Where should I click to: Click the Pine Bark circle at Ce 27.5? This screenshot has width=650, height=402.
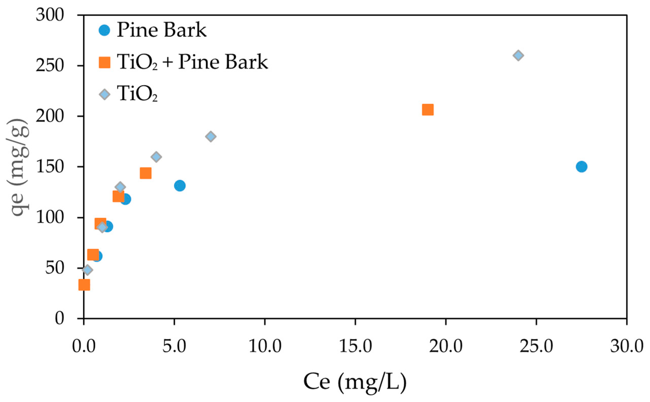point(581,167)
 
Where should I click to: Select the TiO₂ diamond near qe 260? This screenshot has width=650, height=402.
point(518,55)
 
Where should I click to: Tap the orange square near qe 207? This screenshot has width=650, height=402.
point(427,110)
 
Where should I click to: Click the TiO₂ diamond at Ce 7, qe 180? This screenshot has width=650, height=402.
point(211,136)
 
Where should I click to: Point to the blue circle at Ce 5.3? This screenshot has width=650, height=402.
point(180,185)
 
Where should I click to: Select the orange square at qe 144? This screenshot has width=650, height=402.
point(146,173)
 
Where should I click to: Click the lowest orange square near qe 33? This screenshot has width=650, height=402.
point(84,285)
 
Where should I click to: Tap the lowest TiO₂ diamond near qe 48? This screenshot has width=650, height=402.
point(87,270)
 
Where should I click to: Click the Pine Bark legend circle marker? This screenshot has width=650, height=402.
point(104,30)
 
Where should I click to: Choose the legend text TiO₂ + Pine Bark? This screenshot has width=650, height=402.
point(193,62)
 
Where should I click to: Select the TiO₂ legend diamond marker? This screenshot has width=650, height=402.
point(105,94)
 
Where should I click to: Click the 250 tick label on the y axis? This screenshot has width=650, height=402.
point(50,65)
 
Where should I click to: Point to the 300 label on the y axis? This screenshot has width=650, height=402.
point(50,15)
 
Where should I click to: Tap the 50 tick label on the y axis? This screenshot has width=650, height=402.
point(54,268)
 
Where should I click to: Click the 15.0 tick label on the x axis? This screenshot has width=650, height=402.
point(355,347)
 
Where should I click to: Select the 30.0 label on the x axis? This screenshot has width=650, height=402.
point(627,347)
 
